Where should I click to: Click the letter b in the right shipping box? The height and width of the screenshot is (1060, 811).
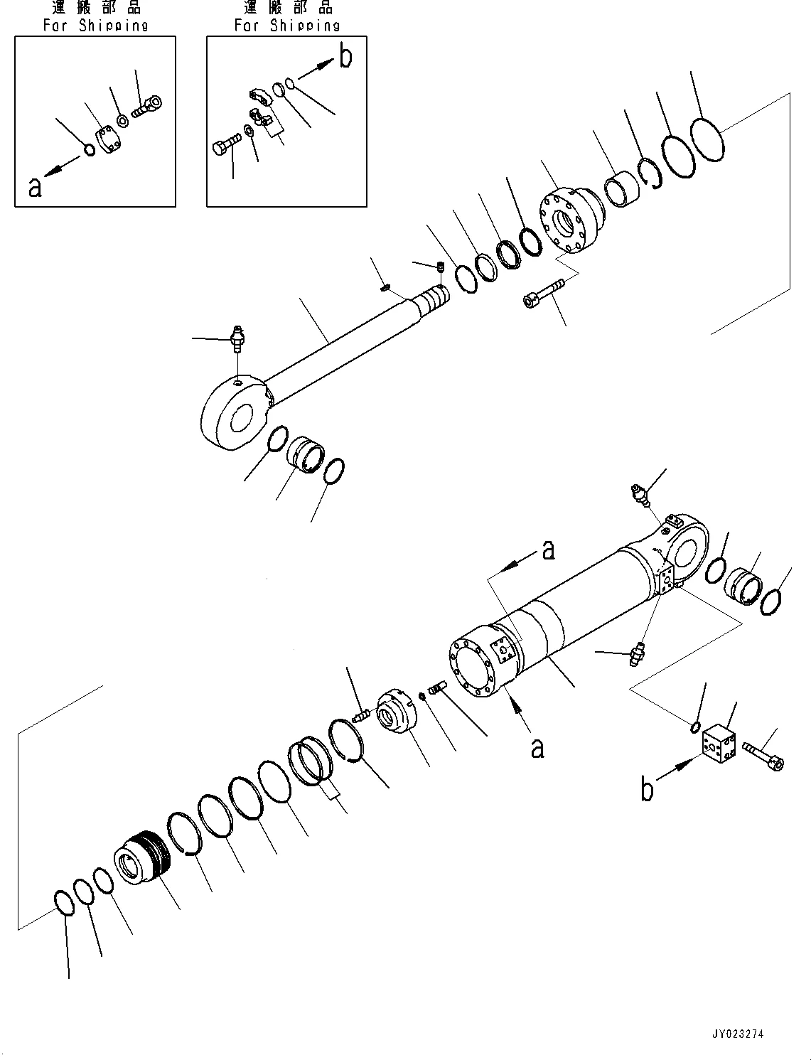[x=345, y=58]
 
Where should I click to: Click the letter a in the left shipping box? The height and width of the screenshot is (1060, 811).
[x=35, y=187]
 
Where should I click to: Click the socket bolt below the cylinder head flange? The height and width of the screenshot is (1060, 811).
[x=544, y=294]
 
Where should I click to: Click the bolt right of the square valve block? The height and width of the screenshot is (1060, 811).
[x=763, y=755]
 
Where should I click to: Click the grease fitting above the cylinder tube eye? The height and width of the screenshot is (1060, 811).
[x=640, y=493]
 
